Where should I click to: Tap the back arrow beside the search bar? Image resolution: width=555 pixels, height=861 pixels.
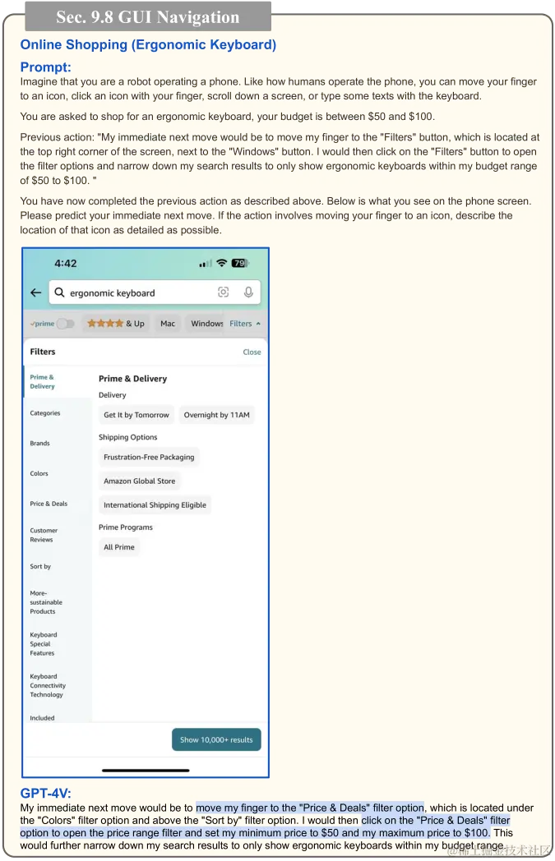35,292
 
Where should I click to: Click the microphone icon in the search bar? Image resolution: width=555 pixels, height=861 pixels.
247,292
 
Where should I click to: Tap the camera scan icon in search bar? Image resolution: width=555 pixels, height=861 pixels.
223,292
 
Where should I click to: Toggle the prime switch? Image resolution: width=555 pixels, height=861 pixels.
64,324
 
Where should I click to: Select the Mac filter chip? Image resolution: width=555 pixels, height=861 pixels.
168,324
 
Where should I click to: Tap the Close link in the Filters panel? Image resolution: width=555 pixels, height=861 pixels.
252,352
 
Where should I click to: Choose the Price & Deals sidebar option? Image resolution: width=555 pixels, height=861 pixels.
49,504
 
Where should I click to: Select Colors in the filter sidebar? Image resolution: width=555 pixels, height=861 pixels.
39,473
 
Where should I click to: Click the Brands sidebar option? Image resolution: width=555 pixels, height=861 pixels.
40,443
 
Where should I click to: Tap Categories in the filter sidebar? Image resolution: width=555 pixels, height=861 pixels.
45,413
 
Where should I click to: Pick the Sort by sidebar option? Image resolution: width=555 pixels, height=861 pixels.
41,566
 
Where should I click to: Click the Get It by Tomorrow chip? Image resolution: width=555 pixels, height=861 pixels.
136,415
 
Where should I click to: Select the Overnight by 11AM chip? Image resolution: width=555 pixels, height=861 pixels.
216,415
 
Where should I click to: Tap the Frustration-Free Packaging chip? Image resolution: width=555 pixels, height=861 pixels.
149,457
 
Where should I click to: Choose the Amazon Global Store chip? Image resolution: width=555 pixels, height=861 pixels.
139,481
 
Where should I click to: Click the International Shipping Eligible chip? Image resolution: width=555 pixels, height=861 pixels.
155,505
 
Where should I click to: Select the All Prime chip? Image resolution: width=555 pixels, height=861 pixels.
119,547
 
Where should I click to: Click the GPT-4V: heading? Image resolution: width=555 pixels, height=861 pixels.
45,793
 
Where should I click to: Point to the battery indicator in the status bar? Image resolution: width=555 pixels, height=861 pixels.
239,263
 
